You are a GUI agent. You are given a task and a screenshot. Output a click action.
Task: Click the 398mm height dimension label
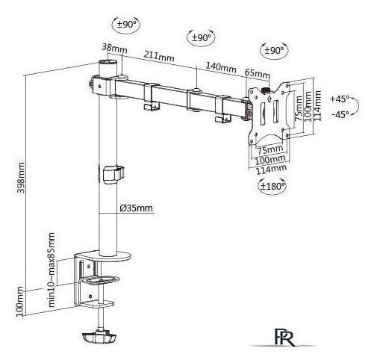[22, 178]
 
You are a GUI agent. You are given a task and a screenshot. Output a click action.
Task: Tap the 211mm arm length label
[159, 57]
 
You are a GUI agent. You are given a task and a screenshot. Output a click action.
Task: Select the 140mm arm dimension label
[221, 67]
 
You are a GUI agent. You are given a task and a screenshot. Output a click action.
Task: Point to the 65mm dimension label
[258, 73]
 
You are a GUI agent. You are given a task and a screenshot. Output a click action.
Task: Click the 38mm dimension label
[114, 49]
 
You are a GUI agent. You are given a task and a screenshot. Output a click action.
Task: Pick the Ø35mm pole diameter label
[136, 208]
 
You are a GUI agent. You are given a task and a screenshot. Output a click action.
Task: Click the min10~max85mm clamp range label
[52, 270]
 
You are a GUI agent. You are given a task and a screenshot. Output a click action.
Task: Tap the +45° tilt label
[340, 99]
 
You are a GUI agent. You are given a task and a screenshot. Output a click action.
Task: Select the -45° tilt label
[340, 114]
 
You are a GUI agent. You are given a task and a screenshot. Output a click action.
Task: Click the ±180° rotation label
[272, 186]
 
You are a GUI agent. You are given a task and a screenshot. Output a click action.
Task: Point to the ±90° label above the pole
[127, 24]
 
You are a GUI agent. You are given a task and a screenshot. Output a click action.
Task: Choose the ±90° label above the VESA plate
[274, 51]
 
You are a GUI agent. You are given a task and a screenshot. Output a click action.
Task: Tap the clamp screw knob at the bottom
[99, 337]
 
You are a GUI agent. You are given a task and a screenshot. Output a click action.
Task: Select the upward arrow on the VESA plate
[269, 99]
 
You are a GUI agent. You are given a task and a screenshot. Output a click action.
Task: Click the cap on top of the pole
[108, 62]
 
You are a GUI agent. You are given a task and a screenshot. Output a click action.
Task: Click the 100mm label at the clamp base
[20, 302]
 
